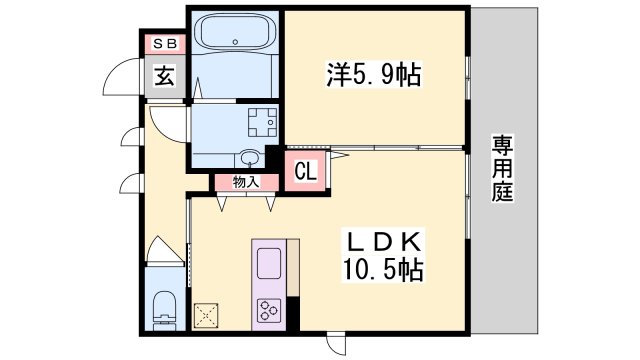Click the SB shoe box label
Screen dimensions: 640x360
[x=165, y=44]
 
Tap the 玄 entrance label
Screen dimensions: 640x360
[x=164, y=76]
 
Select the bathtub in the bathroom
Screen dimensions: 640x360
[x=235, y=31]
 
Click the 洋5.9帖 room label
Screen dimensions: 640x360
[x=373, y=74]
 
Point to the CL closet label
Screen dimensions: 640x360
[x=306, y=171]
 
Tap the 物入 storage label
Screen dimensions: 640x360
[x=246, y=182]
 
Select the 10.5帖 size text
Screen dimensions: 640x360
[x=383, y=269]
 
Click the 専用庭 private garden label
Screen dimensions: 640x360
[x=502, y=168]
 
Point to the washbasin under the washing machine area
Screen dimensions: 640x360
[x=250, y=158]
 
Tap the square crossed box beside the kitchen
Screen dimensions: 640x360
[x=206, y=316]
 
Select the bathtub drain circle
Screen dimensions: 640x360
[x=235, y=42]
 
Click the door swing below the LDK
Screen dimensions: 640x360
[x=336, y=345]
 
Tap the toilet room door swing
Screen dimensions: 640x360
[x=165, y=252]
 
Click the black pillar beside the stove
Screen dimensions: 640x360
[x=293, y=313]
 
